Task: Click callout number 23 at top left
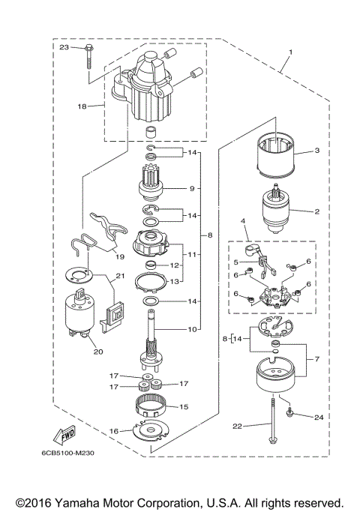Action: (64, 47)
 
